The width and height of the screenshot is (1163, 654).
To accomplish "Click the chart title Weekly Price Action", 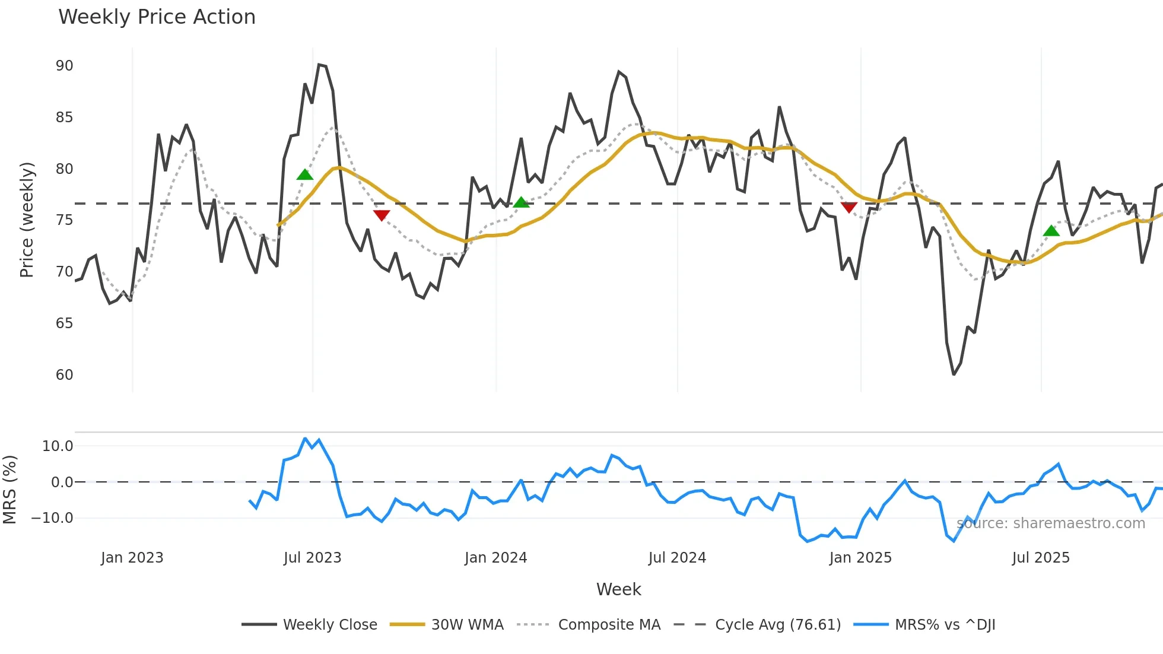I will pyautogui.click(x=157, y=17).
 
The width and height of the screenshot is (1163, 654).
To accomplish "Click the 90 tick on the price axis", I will pyautogui.click(x=64, y=66).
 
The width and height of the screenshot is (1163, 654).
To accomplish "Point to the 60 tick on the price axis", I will pyautogui.click(x=64, y=375).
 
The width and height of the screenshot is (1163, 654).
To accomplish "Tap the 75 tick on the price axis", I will pyautogui.click(x=64, y=220).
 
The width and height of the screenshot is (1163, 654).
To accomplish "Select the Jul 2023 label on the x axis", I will pyautogui.click(x=312, y=558).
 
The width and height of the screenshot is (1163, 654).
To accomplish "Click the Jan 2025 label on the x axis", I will pyautogui.click(x=860, y=558).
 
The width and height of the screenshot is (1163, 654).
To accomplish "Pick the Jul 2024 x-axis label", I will pyautogui.click(x=677, y=558).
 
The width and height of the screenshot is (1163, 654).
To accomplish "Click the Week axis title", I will pyautogui.click(x=618, y=589).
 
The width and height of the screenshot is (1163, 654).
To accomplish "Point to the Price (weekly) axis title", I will pyautogui.click(x=27, y=220).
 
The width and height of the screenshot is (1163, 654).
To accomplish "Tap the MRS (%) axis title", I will pyautogui.click(x=9, y=490).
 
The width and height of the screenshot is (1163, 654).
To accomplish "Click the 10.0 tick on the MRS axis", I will pyautogui.click(x=58, y=446).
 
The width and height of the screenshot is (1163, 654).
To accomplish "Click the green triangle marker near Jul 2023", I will pyautogui.click(x=304, y=174).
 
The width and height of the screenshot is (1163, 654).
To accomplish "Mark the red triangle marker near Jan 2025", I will pyautogui.click(x=849, y=207).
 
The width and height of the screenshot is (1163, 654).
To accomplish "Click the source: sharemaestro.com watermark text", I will pyautogui.click(x=1050, y=523).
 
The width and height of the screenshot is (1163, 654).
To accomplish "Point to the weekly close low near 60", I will pyautogui.click(x=954, y=374).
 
